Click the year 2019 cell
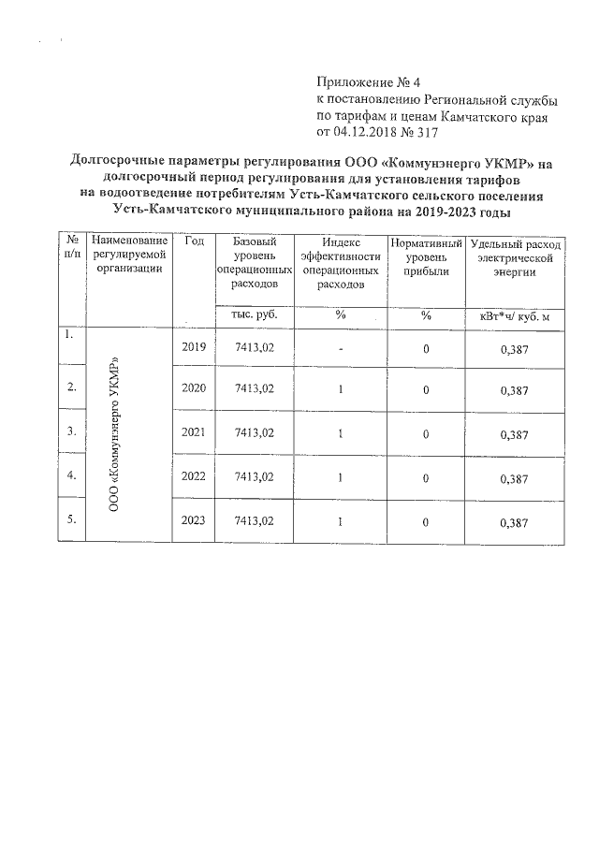(194, 347)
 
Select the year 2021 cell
(194, 433)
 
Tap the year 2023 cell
(194, 520)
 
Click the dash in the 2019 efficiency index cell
(342, 348)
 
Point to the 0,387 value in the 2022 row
(516, 479)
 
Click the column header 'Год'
(195, 241)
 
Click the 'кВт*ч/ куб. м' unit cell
(516, 316)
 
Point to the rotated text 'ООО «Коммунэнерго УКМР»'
(116, 434)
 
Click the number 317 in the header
(425, 133)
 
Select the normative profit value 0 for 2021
(426, 434)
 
